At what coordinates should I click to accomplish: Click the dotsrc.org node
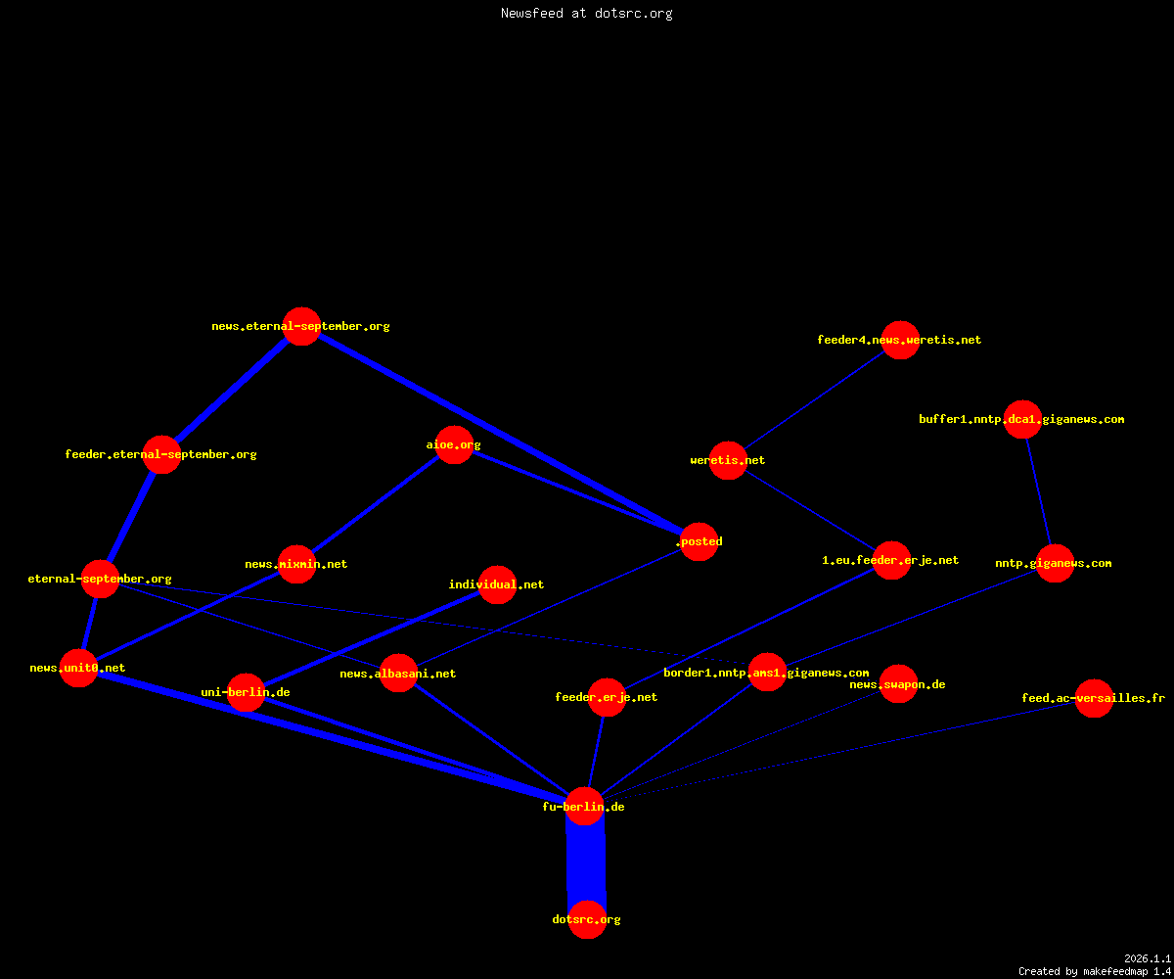587,919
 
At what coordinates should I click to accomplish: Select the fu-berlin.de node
584,807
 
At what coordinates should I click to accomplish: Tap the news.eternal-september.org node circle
302,326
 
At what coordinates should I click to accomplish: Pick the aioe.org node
454,445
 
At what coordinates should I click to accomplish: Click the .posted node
699,541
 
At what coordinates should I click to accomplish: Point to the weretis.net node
728,460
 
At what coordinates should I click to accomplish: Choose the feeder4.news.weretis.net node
900,340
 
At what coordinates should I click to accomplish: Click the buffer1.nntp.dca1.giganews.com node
1022,419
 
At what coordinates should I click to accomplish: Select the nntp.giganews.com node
1055,563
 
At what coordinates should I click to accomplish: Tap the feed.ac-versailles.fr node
1094,698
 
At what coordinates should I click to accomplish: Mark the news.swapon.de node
898,684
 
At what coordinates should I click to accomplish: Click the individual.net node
497,584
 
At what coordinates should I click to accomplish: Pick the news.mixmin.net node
296,564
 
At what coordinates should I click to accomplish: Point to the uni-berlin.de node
246,692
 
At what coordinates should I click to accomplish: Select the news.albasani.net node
398,674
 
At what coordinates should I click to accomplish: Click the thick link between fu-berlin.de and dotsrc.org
586,863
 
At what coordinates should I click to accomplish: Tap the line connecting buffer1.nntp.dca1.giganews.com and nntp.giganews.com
1038,491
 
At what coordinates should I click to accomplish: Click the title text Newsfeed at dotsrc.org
586,13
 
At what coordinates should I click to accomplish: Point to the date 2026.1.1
1148,958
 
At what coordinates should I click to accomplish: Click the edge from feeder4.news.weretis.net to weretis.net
814,400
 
